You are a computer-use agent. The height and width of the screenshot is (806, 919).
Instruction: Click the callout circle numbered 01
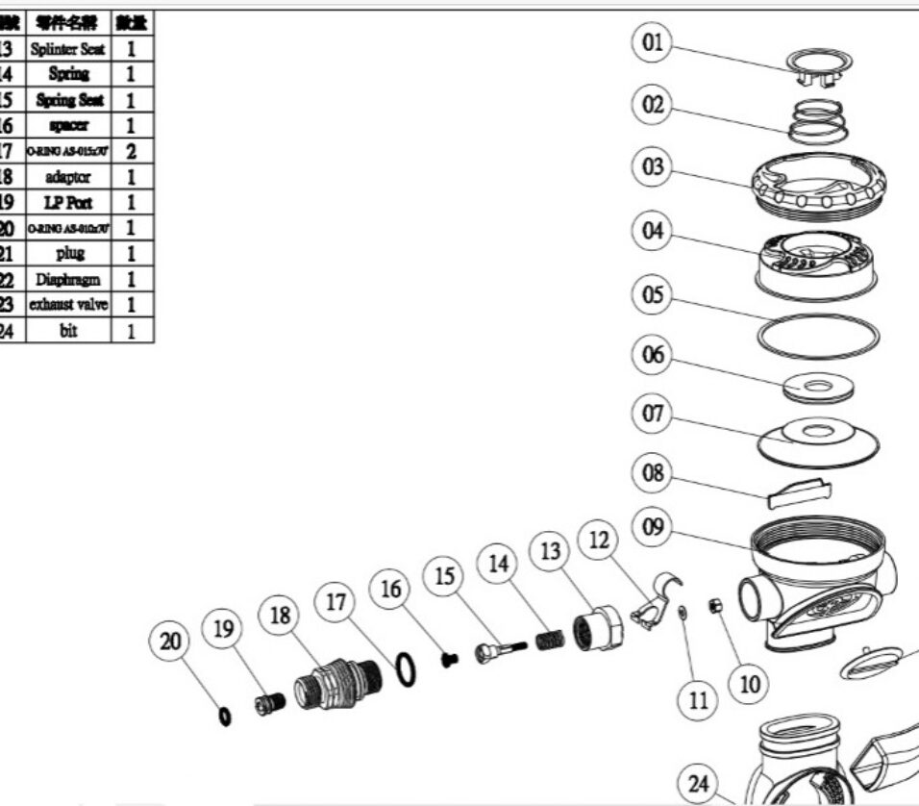653,43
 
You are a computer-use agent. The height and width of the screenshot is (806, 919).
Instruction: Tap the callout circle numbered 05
653,294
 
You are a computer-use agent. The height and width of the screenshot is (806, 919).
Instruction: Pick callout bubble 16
391,589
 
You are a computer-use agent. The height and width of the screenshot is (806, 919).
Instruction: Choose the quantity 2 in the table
132,151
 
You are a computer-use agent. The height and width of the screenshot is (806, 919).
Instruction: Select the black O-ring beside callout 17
407,668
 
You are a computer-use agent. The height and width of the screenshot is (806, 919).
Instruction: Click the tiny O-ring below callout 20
225,716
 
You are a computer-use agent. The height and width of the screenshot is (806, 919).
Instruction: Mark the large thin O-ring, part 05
818,334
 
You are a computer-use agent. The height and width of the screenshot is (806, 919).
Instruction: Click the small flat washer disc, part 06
816,389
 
